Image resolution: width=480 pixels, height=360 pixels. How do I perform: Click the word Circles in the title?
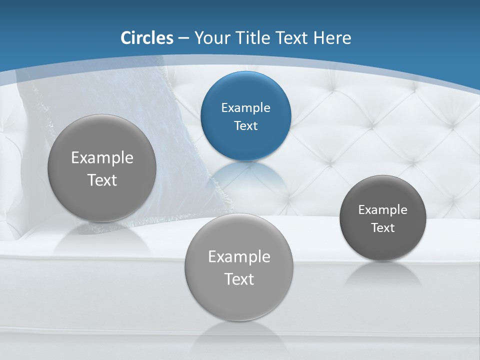coord(147,38)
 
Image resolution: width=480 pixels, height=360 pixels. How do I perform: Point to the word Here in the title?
coord(332,38)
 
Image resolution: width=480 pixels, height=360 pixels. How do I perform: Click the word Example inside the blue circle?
coord(245,108)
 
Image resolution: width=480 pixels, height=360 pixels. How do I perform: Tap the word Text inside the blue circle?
coord(245,126)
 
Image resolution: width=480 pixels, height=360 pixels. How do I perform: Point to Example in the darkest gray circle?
coord(382,210)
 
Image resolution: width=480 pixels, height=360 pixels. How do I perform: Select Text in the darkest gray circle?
coord(382,228)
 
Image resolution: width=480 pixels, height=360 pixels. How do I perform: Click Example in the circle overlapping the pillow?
coord(102,158)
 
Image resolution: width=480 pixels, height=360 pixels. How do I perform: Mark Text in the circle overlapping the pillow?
coord(102,180)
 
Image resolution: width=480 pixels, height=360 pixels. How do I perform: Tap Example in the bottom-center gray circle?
coord(239,257)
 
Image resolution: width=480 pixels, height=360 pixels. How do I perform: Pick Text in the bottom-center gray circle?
coord(239,279)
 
